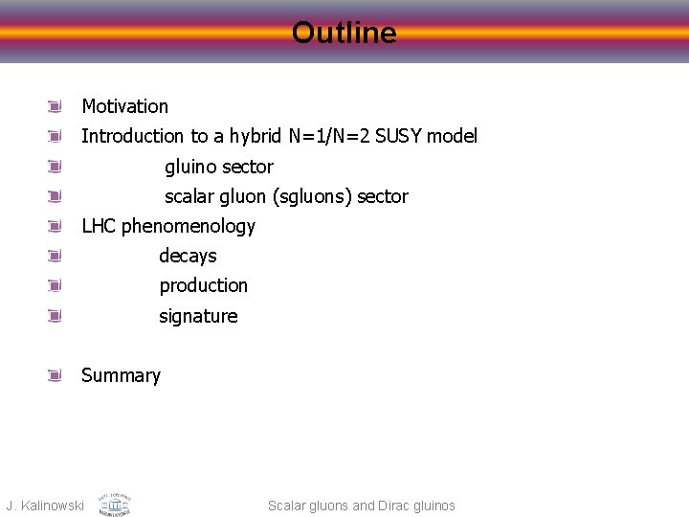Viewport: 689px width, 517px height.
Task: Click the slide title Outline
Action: (344, 34)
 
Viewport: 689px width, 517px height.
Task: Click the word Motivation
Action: (124, 106)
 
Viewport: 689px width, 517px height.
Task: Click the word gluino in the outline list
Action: (190, 167)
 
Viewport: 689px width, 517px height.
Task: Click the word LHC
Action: (100, 226)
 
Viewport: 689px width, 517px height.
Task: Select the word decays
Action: (188, 256)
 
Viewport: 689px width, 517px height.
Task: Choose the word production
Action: (203, 285)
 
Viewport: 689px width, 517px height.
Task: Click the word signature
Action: (198, 316)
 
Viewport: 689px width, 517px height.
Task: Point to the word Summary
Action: (121, 375)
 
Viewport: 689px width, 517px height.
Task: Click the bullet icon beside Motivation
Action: (56, 106)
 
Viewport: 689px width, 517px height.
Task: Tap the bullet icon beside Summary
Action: (56, 375)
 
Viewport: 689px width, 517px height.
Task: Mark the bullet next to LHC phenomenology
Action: (56, 226)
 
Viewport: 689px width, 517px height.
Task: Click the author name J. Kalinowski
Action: (45, 506)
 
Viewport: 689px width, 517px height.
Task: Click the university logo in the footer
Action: (114, 504)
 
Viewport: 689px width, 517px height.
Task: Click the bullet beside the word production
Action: (56, 285)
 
